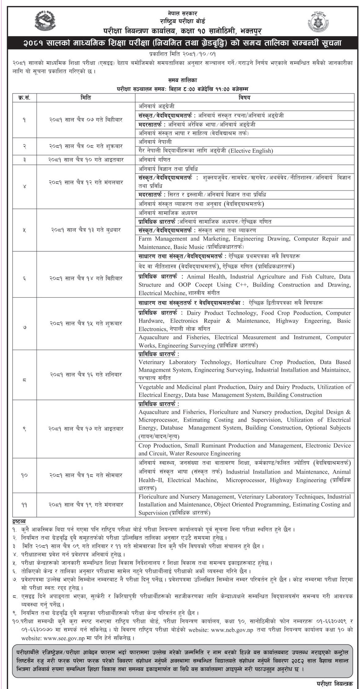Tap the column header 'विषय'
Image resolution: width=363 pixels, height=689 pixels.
click(244, 98)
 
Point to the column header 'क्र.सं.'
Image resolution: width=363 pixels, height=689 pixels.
click(24, 98)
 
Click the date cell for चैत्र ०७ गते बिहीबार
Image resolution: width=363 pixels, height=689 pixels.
click(86, 120)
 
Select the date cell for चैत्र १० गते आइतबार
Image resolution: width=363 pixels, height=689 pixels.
click(86, 159)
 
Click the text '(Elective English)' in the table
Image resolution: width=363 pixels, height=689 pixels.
click(251, 151)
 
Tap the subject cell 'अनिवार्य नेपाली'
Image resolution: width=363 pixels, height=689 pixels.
click(155, 142)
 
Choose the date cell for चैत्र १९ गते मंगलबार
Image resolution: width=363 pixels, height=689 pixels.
click(86, 505)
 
